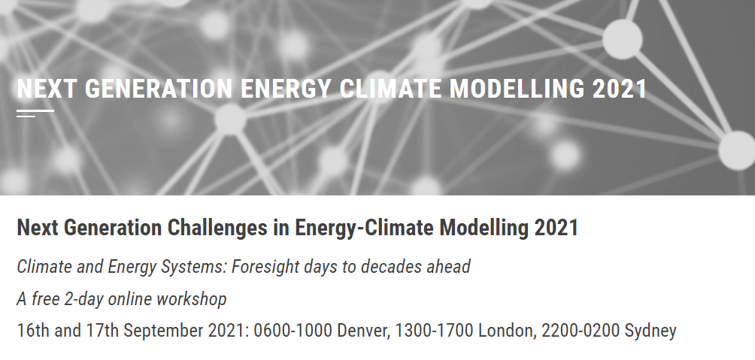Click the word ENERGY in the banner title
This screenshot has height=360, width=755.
286,89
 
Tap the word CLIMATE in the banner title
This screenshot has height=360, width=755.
390,89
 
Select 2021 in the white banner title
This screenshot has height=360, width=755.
619,89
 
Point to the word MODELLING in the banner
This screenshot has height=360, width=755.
517,89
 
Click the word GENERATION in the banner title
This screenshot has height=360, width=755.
159,89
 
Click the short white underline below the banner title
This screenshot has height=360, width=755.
35,113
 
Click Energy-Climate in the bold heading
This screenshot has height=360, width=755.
364,228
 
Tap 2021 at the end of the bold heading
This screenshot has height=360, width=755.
556,228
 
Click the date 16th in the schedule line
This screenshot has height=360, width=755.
33,331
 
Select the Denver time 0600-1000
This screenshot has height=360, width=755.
293,331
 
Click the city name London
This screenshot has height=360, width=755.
507,331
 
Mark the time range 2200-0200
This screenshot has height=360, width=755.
581,331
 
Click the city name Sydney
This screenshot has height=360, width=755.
650,331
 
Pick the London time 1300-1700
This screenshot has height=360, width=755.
435,331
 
